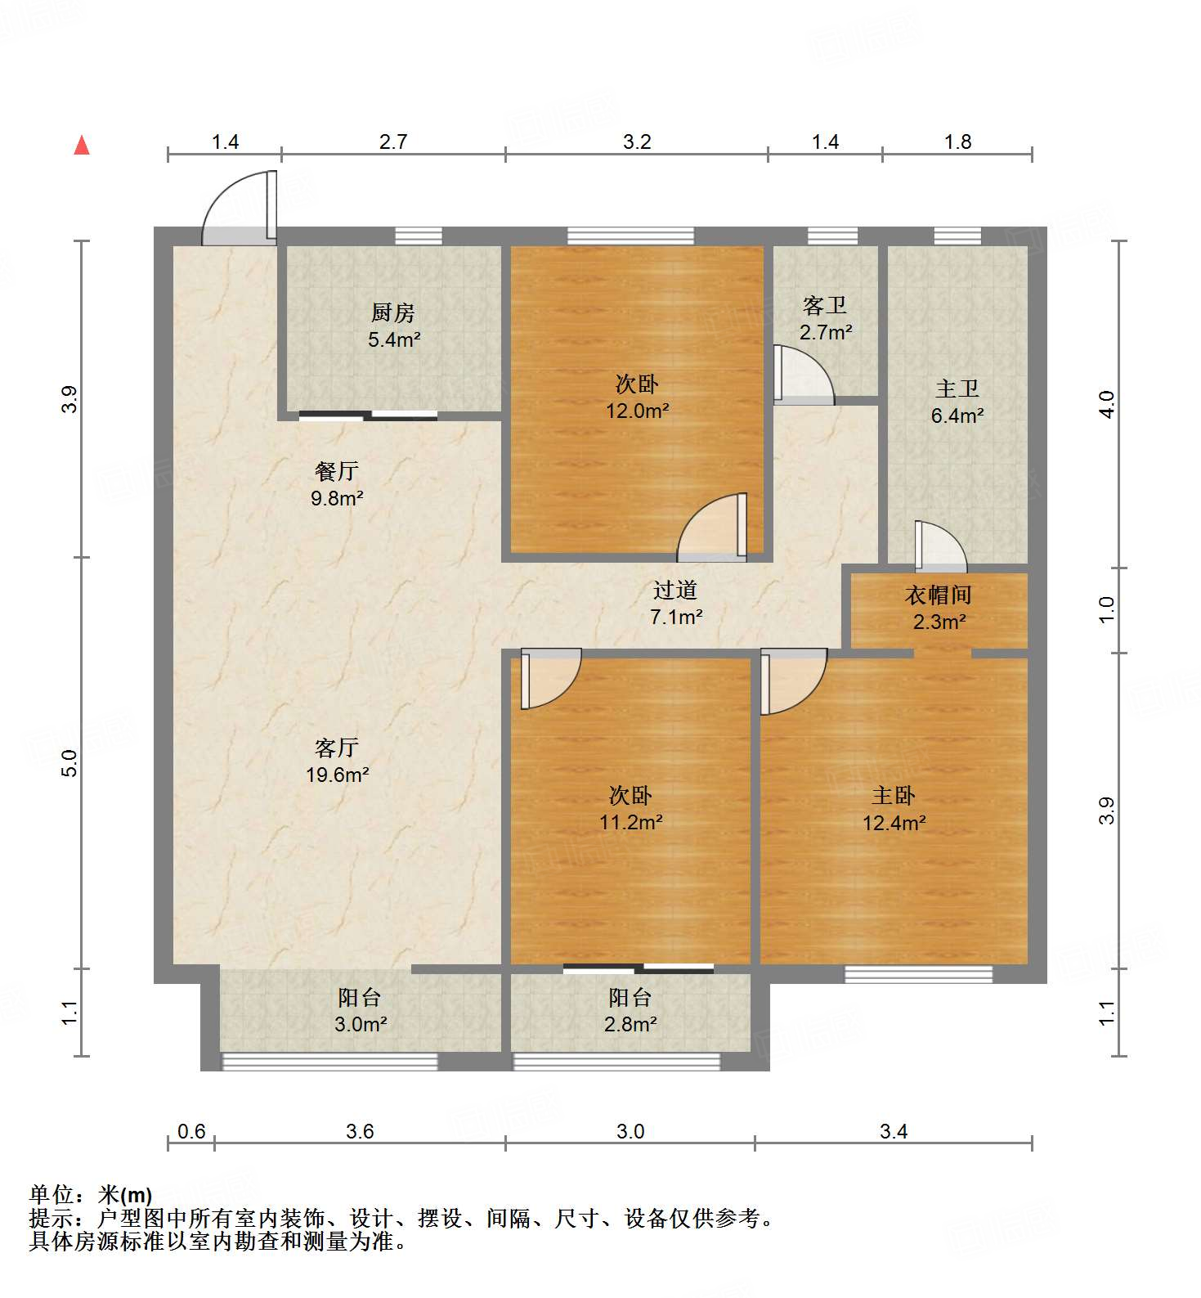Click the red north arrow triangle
(x=82, y=146)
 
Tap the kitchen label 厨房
(x=392, y=312)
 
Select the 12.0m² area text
(x=637, y=411)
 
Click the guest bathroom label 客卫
(x=825, y=306)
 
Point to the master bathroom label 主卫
(x=957, y=389)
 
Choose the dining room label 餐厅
(x=337, y=471)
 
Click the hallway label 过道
(x=675, y=590)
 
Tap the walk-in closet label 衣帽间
(x=939, y=595)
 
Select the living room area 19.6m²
(x=337, y=774)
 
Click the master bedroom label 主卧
(x=894, y=795)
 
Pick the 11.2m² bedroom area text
(x=630, y=822)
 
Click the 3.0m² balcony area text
(x=360, y=1023)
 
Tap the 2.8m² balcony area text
(x=630, y=1023)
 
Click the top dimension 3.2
(x=637, y=141)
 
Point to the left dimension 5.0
(x=70, y=762)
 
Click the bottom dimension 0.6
(x=191, y=1131)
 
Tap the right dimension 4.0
(x=1106, y=404)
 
